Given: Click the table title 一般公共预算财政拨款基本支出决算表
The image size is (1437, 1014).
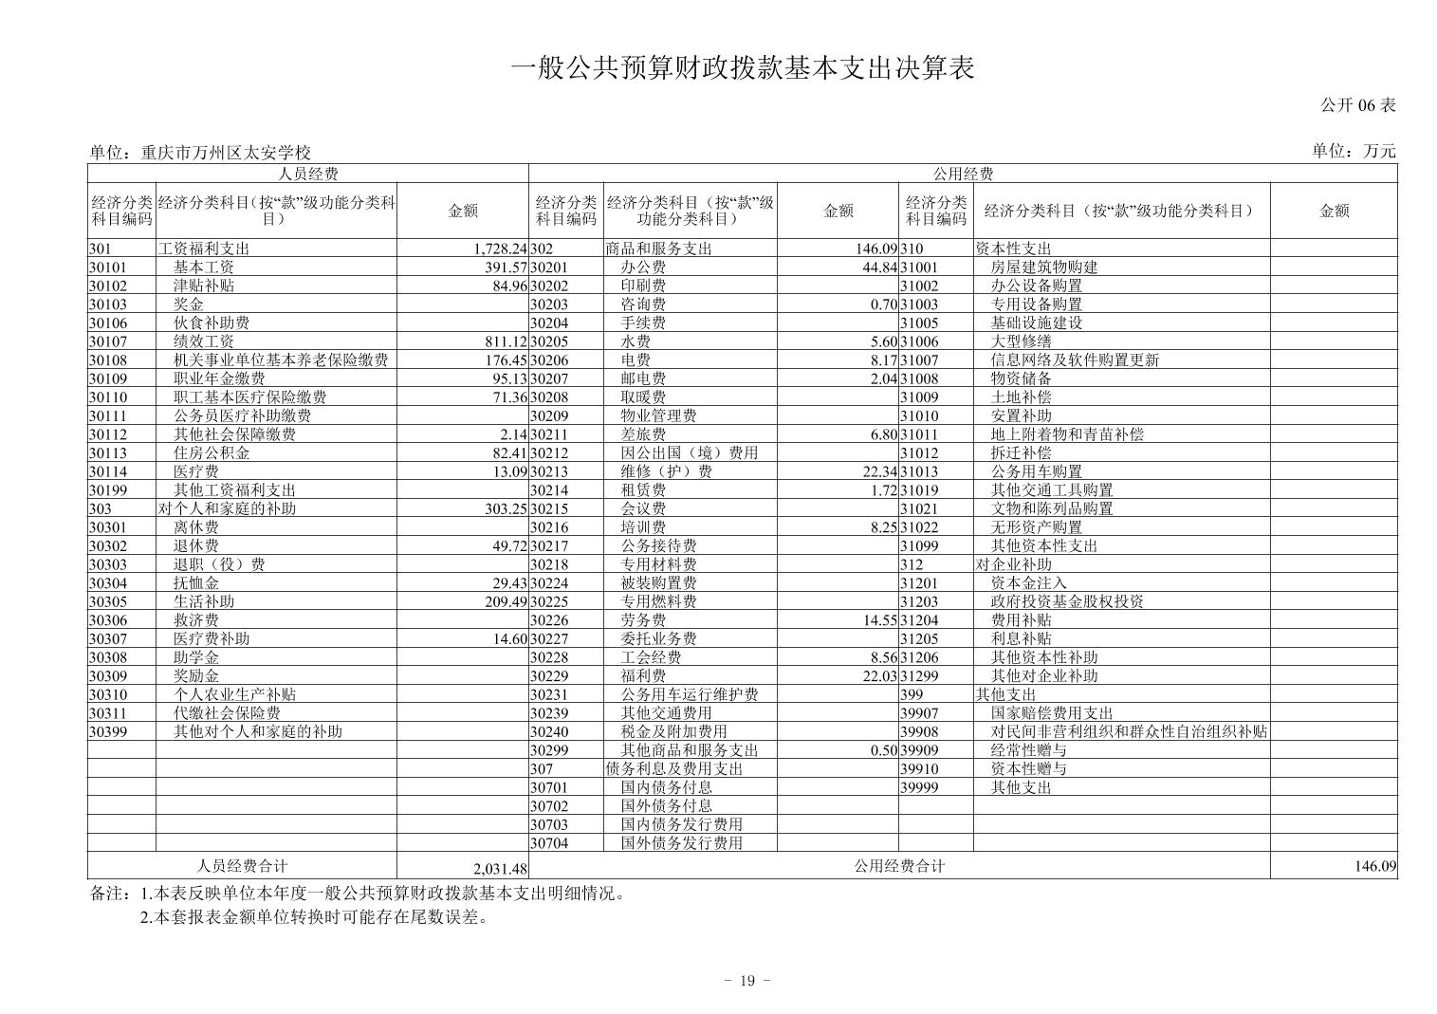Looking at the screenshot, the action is coord(743,68).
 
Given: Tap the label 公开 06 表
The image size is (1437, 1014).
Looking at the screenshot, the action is coord(1358,105).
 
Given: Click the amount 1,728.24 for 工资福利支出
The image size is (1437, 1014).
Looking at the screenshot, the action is coord(499,249).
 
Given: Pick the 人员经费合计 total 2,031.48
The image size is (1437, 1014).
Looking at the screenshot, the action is coord(499,869).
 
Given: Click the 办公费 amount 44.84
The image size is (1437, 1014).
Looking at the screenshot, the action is coord(875,267).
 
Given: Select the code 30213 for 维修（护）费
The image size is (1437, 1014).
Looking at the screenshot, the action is coord(549,471).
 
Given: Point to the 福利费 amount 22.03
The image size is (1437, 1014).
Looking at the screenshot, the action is coord(875,676).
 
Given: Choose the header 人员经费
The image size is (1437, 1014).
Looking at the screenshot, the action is coord(308,174).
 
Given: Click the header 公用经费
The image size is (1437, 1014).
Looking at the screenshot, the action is coord(963,174).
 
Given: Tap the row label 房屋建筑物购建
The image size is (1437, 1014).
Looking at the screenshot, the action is coord(1044,267).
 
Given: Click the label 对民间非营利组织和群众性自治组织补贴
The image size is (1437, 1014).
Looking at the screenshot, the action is coord(1129,731).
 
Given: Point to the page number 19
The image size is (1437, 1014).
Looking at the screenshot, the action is coord(746,981).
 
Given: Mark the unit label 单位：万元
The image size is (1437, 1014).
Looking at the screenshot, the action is coord(1354,151).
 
